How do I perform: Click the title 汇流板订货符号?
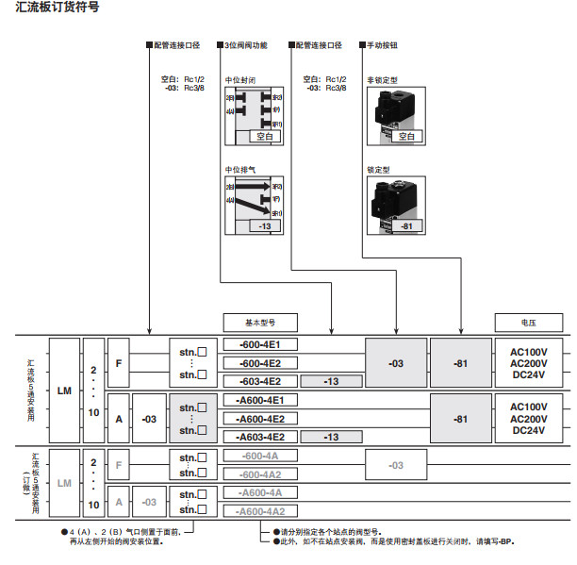[x=57, y=8]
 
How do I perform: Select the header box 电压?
[x=528, y=322]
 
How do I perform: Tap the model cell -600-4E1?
[x=259, y=344]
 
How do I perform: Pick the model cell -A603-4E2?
[x=259, y=437]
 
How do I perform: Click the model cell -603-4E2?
[x=259, y=381]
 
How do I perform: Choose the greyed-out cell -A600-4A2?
[x=259, y=510]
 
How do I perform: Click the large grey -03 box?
[x=396, y=363]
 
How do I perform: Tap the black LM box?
[x=64, y=391]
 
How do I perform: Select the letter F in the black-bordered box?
[x=119, y=363]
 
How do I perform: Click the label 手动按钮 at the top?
[x=385, y=44]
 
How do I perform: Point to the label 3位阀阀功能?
[x=247, y=44]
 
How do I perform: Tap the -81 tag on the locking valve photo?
[x=406, y=226]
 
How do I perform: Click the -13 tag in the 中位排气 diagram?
[x=265, y=226]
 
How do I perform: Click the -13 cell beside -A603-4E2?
[x=331, y=437]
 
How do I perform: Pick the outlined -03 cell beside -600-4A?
[x=396, y=465]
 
